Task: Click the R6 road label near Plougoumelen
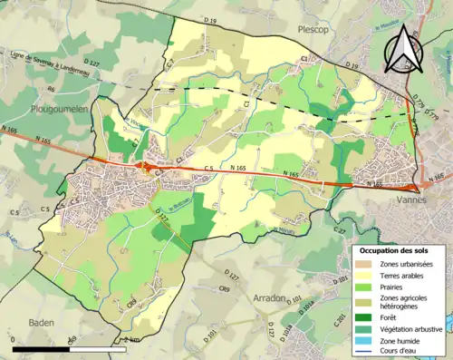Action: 52,90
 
